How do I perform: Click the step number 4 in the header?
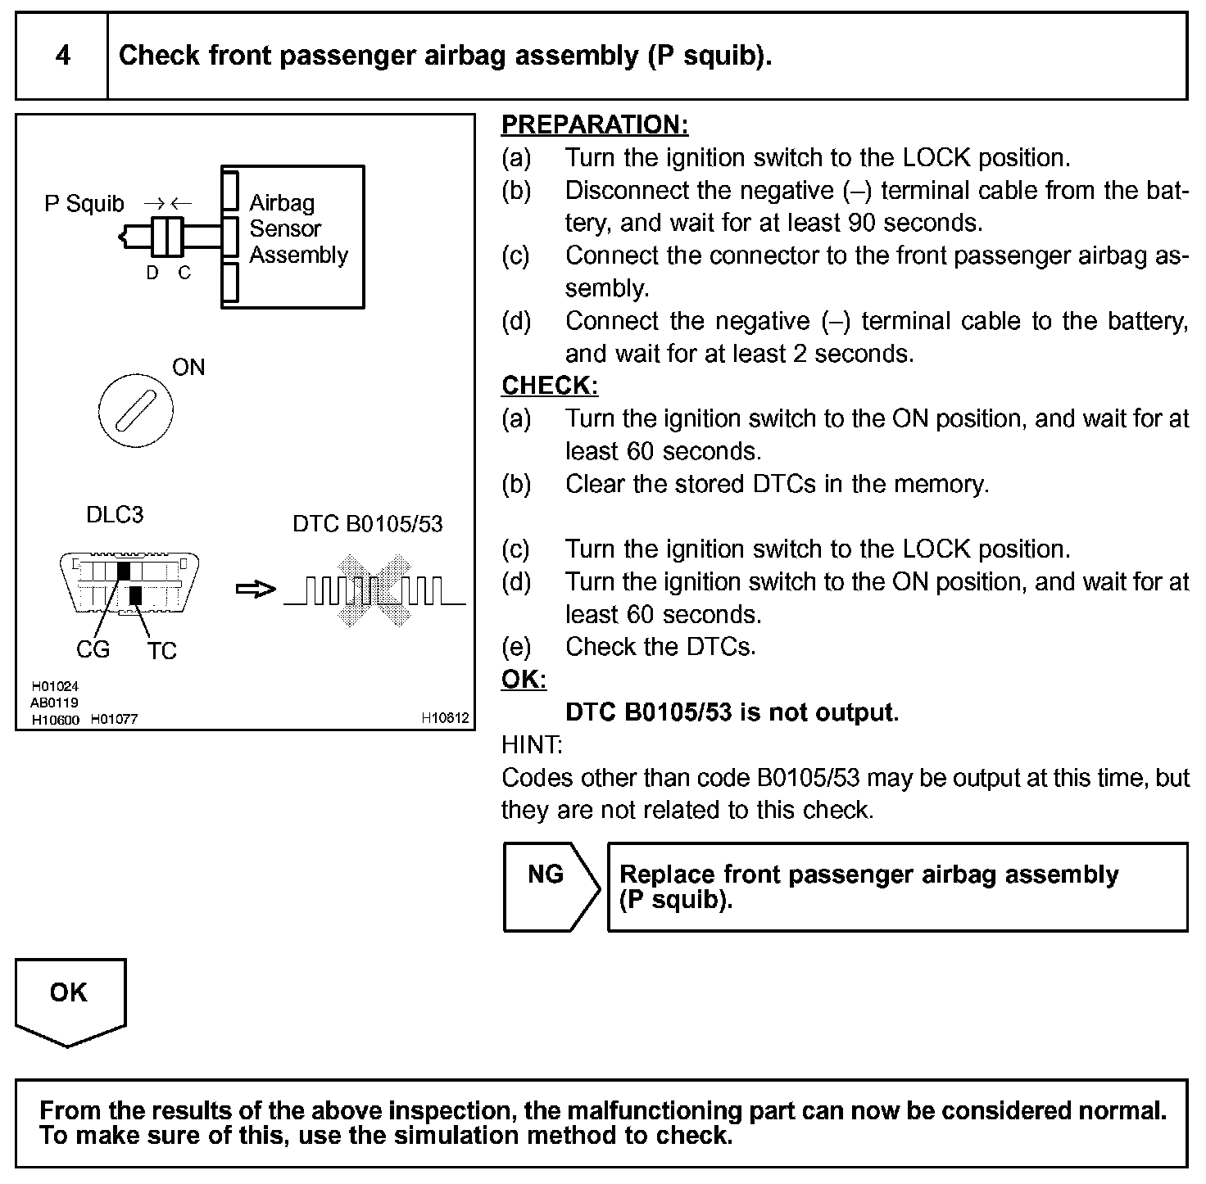coord(62,56)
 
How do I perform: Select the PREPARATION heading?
coord(594,125)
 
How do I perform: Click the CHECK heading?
coord(549,386)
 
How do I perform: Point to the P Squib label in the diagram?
coord(84,203)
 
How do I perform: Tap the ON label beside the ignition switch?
coord(188,368)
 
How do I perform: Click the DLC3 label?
coord(115,515)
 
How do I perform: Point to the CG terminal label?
coord(93,650)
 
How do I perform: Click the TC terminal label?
coord(162,651)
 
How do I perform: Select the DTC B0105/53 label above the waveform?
coord(367,524)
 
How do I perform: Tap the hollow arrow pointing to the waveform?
coord(255,590)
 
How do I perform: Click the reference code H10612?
coord(445,718)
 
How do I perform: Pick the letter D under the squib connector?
coord(152,273)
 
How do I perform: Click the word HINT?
coord(532,745)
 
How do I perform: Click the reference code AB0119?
coord(54,703)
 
